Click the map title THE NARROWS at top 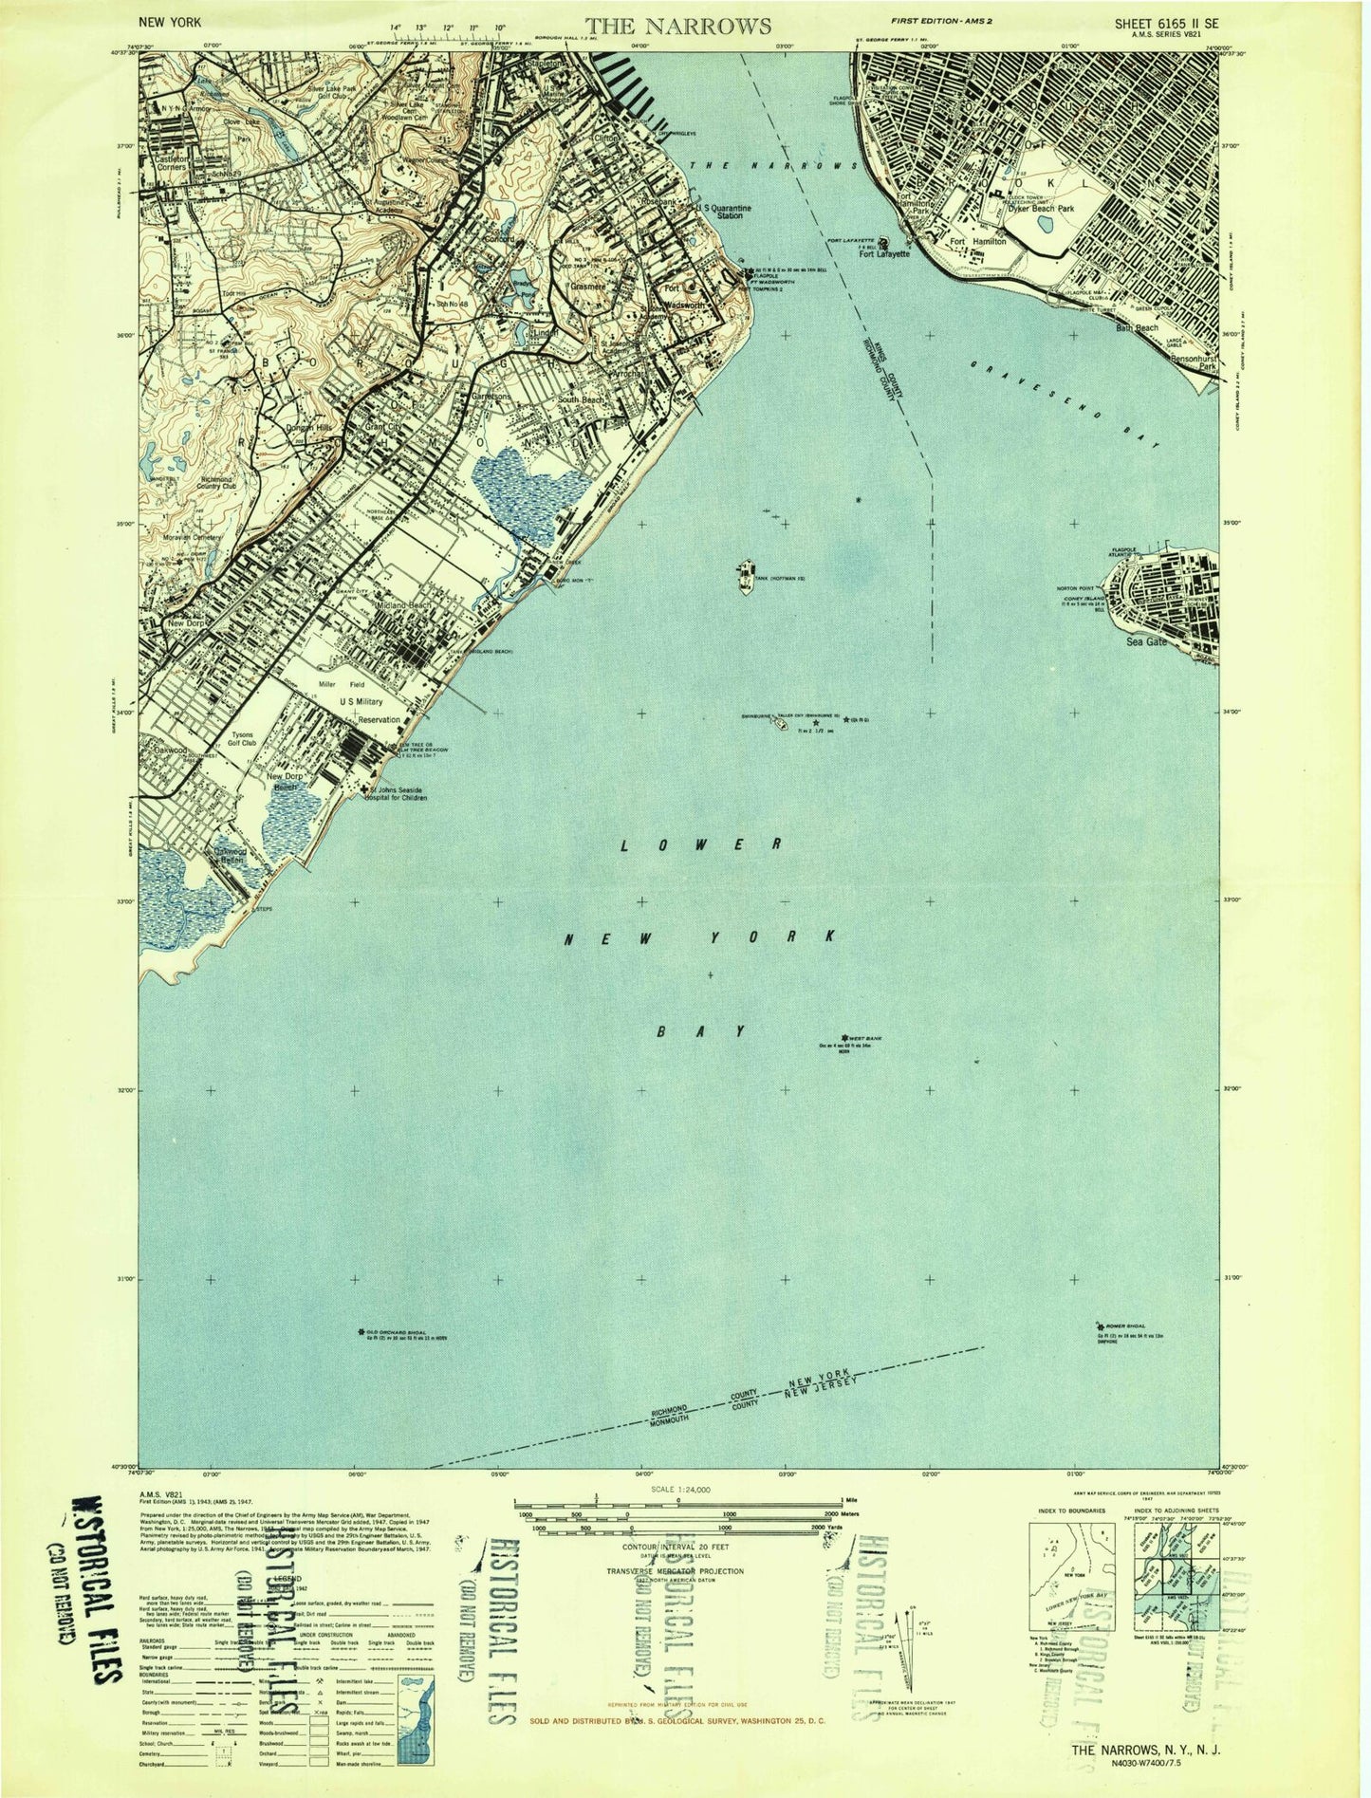(677, 25)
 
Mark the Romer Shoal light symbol (1100, 1326)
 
